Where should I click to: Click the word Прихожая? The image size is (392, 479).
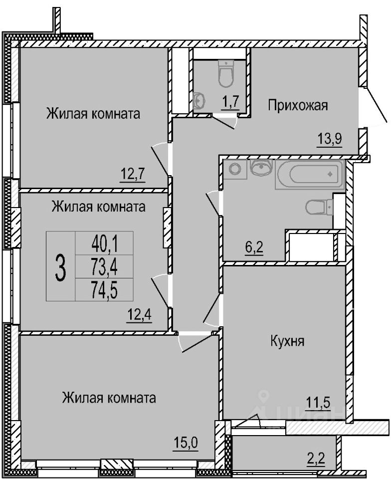coord(298,105)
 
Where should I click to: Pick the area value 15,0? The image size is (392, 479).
coord(186,442)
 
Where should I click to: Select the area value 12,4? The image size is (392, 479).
coord(138,315)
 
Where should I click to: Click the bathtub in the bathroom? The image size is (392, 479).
coord(309,175)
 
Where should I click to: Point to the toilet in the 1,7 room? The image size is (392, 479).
coord(226,74)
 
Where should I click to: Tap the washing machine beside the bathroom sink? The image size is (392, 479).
coord(234,169)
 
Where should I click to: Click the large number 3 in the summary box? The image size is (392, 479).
coord(60,266)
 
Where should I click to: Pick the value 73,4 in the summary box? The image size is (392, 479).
coord(104,266)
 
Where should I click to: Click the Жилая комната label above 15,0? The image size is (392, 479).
coord(109,398)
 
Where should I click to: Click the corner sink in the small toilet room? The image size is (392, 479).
coord(199,100)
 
